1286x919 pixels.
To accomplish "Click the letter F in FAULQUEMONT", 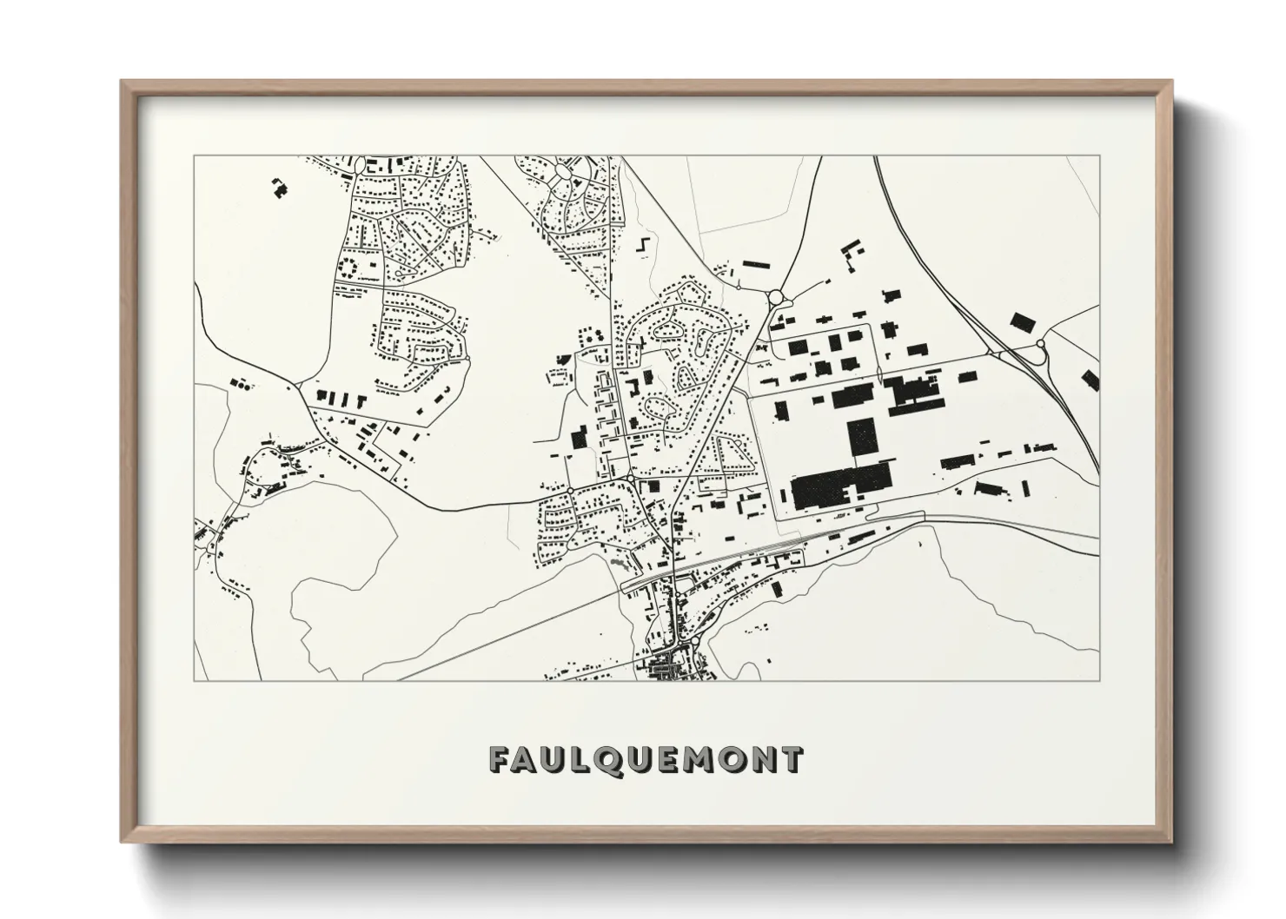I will point(501,760).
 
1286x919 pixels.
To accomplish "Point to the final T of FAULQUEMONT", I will point(791,760).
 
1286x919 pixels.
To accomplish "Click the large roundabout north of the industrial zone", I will point(774,298).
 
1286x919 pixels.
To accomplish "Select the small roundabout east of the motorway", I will point(1040,345).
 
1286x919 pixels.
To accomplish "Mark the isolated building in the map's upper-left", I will point(280,188).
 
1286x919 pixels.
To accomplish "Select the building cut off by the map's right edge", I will point(1090,380).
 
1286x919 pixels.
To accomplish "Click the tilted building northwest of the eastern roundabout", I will point(1020,321).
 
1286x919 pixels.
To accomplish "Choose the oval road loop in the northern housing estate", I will point(565,169).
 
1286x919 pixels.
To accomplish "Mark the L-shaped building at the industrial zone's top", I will point(847,251).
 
